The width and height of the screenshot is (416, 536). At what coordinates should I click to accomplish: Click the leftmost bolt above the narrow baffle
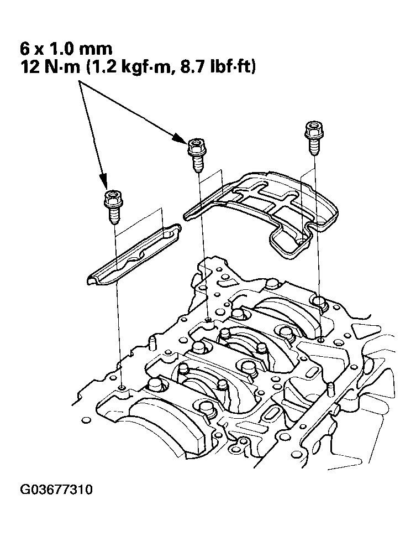[113, 207]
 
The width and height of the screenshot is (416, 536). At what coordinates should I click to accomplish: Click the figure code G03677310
[56, 490]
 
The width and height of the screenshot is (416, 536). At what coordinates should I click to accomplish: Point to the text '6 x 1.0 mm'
[66, 49]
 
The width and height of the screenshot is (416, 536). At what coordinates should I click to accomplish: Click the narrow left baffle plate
[133, 254]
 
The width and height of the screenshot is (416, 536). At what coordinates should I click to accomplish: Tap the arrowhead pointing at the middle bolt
[180, 137]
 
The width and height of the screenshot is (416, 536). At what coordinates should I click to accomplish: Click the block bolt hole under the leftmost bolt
[122, 387]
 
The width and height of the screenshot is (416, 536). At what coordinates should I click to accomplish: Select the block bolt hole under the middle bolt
[208, 319]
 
